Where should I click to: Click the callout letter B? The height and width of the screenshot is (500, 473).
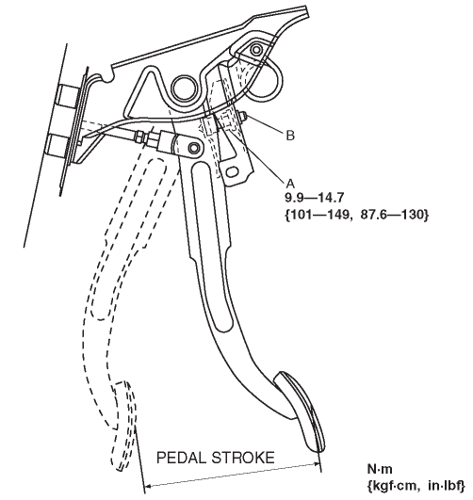pyautogui.click(x=290, y=136)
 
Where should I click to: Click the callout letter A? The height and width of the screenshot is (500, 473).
pyautogui.click(x=290, y=184)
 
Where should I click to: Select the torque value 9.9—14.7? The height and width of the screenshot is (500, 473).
pyautogui.click(x=314, y=198)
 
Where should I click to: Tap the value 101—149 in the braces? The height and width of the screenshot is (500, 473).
pyautogui.click(x=319, y=215)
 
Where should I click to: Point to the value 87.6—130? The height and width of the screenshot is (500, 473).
pyautogui.click(x=392, y=215)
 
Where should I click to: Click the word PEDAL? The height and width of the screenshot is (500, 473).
pyautogui.click(x=181, y=458)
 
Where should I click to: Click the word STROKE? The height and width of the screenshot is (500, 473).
pyautogui.click(x=243, y=458)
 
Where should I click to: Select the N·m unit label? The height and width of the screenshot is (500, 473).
pyautogui.click(x=380, y=469)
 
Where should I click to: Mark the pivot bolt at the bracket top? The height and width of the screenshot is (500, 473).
pyautogui.click(x=256, y=49)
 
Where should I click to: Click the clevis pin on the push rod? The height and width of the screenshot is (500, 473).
pyautogui.click(x=194, y=148)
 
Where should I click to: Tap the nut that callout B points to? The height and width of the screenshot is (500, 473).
pyautogui.click(x=242, y=117)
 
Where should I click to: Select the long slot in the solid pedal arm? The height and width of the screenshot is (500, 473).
pyautogui.click(x=212, y=246)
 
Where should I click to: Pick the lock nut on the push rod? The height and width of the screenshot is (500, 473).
pyautogui.click(x=139, y=137)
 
